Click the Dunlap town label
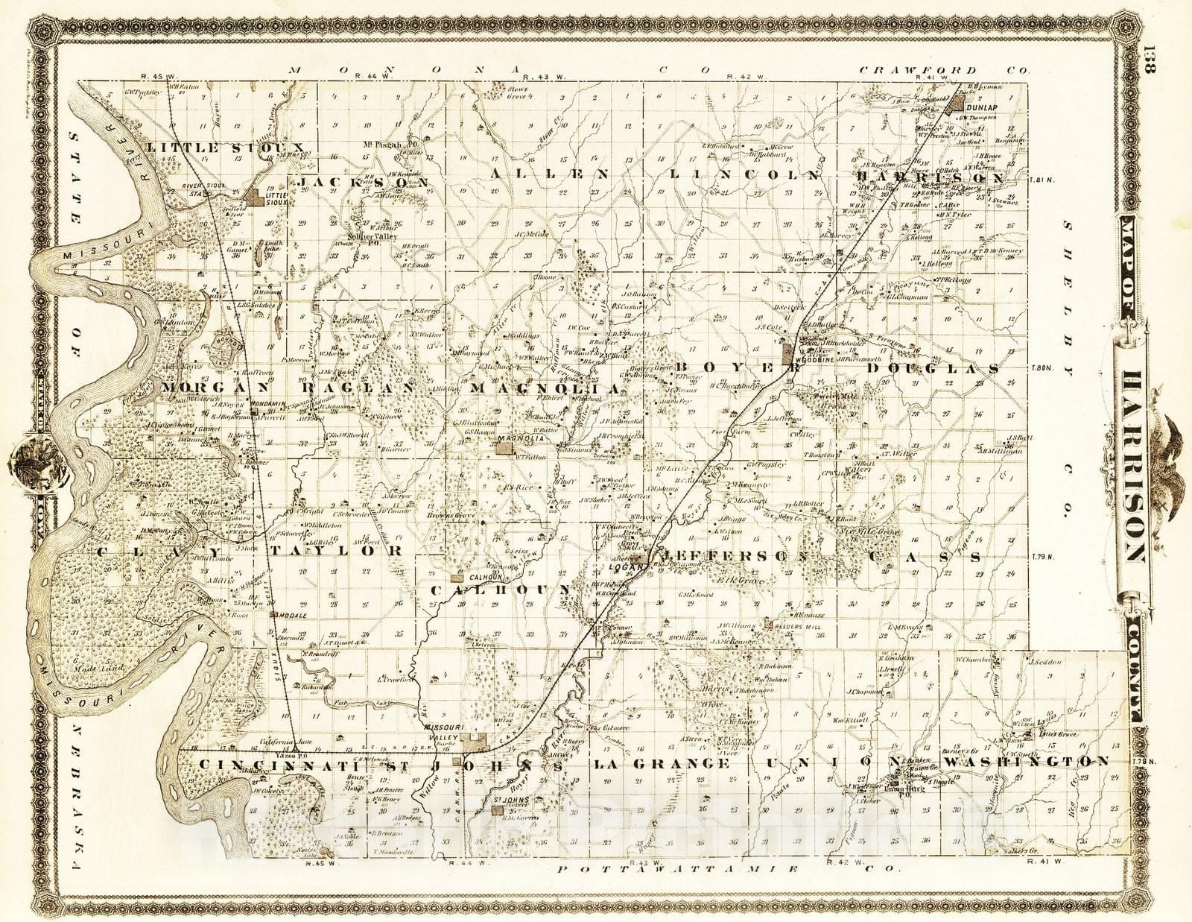click(x=977, y=107)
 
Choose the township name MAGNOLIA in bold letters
click(x=545, y=388)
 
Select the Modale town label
click(x=289, y=616)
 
